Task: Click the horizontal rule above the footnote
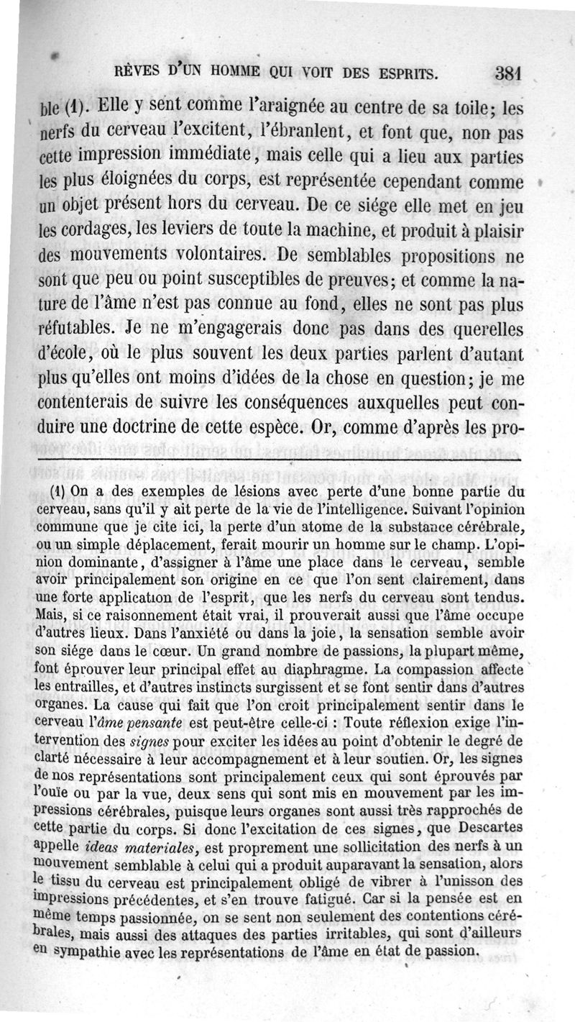coord(280,459)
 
